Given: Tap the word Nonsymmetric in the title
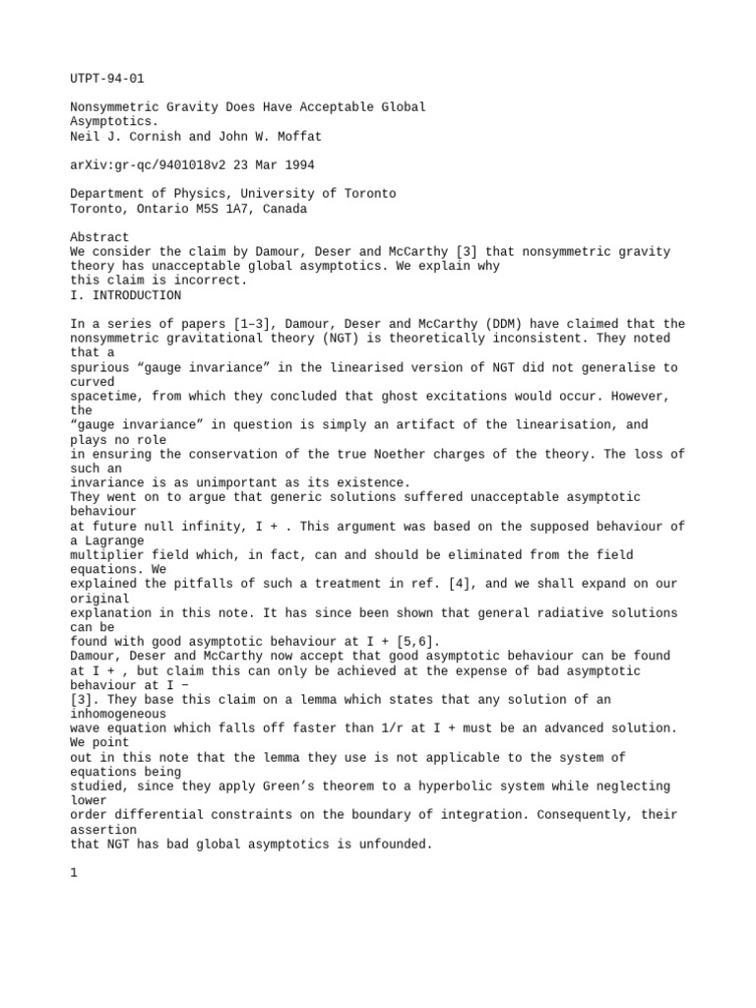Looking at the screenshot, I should [x=116, y=106].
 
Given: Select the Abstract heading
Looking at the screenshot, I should [x=99, y=237].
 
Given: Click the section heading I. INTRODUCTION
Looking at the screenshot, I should [x=126, y=295].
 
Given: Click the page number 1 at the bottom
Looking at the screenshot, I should [x=75, y=872].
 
